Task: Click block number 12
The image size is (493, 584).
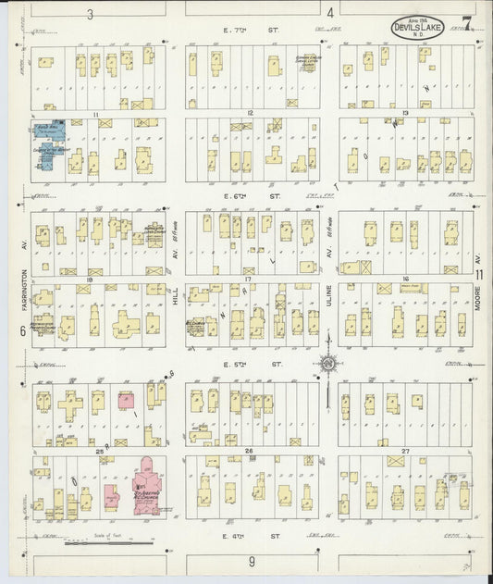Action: point(250,112)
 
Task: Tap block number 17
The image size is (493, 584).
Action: point(248,278)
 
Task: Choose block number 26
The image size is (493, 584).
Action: point(248,450)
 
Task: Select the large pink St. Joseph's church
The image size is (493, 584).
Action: point(147,480)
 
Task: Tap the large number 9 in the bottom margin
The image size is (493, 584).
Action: point(251,561)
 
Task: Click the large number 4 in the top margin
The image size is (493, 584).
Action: point(330,13)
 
